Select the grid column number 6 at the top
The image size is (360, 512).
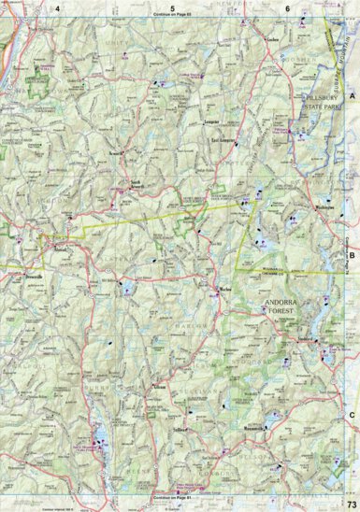pos(287,8)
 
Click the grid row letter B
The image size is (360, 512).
pos(353,253)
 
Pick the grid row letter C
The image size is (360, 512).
pos(353,414)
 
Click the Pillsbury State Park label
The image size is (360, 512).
pos(326,105)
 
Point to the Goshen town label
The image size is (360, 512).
pos(273,42)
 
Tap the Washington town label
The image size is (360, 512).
pos(325,206)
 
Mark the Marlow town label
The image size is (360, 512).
pos(224,291)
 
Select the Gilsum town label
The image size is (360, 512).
pos(158,385)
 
